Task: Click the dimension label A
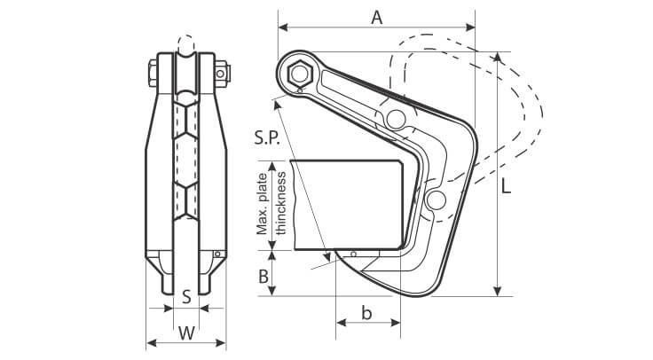point(376,18)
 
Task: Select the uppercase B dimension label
point(264,276)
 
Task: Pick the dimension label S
point(186,297)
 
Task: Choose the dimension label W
point(186,333)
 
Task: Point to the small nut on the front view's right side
point(222,70)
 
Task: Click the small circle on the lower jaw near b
point(354,254)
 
